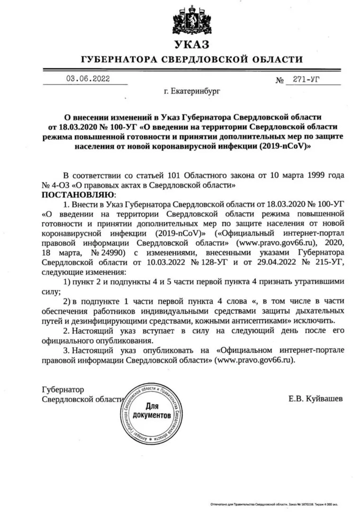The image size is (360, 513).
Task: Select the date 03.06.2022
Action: tap(88, 79)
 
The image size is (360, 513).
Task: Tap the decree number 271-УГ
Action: tap(307, 80)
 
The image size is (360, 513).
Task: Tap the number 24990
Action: tap(111, 253)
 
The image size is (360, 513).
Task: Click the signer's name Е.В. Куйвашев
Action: tap(315, 399)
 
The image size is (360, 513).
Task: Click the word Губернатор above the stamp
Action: tap(63, 389)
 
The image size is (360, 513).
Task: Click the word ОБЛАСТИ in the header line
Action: tap(278, 60)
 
